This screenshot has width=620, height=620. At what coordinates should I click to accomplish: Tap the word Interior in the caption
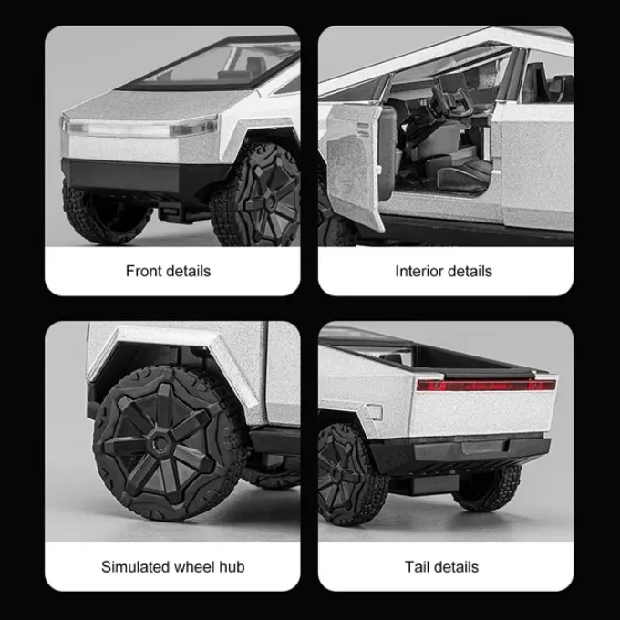coord(416,272)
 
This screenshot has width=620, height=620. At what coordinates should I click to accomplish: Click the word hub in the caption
coord(232,566)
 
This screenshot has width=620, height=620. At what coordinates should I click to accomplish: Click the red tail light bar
coord(486,385)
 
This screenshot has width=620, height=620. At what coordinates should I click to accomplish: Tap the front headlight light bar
coord(140,128)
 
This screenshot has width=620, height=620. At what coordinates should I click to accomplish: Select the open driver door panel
coord(353,166)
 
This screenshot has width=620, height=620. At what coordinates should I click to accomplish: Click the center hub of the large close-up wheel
coord(160,441)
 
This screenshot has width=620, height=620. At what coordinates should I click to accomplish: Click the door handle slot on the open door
coord(363,129)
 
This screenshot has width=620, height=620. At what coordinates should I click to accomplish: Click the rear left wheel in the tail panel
coord(351,474)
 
